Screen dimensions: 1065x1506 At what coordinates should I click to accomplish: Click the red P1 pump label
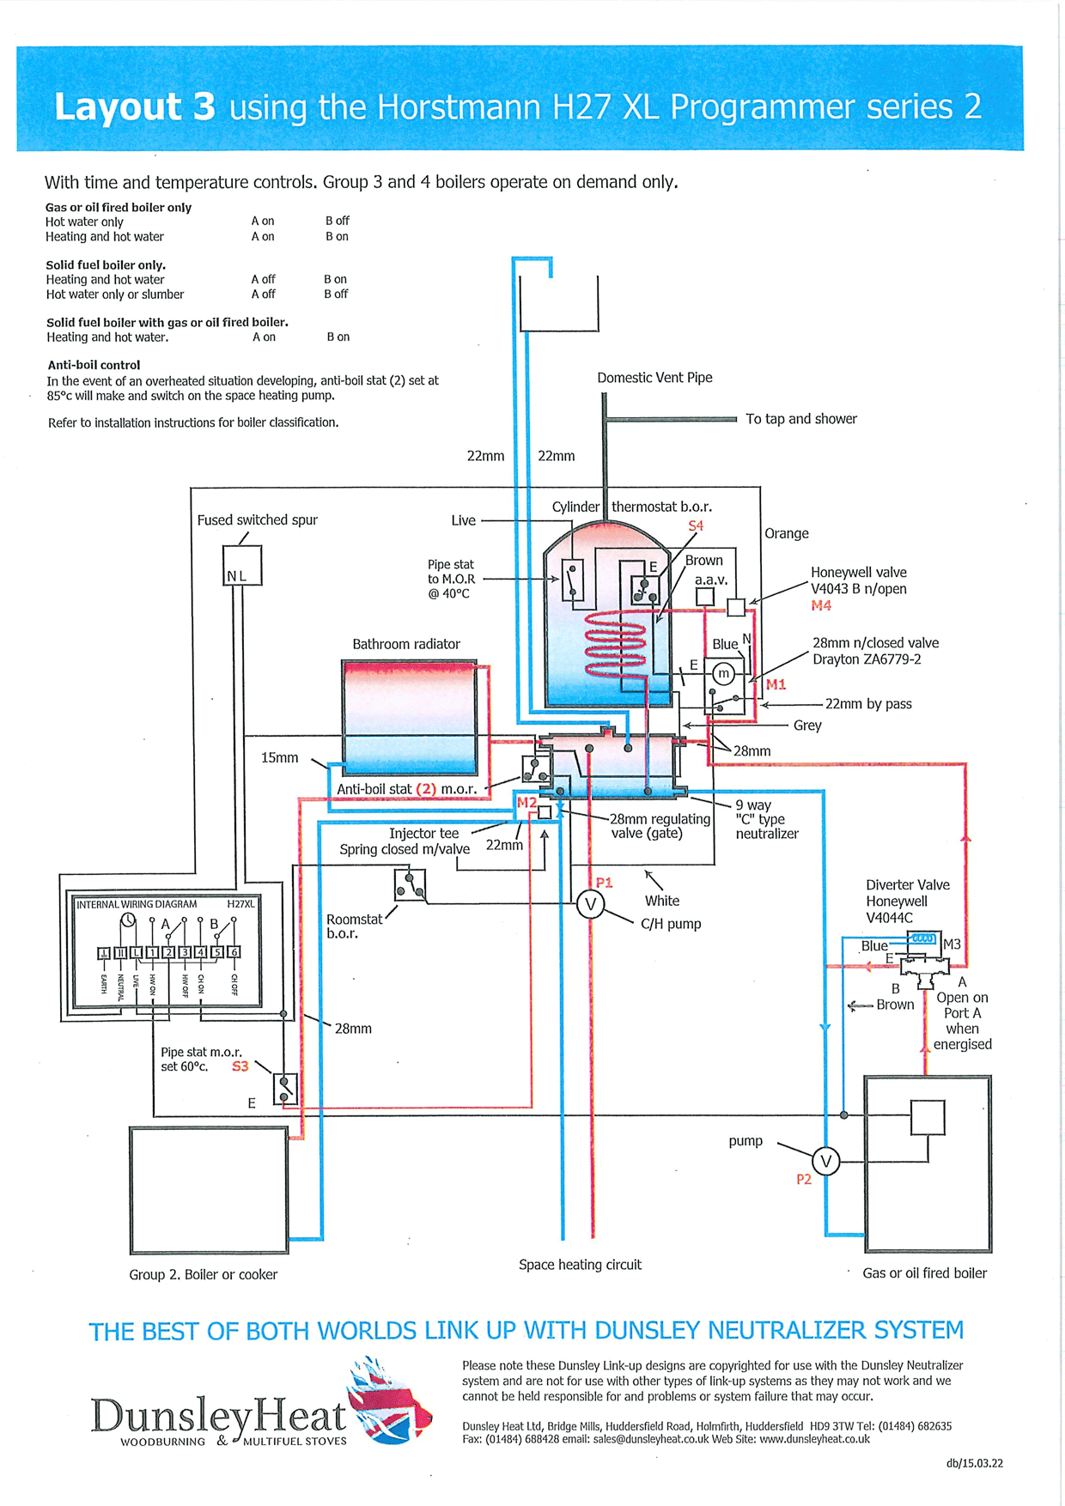605,882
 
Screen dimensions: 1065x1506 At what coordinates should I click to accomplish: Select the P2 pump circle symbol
825,1162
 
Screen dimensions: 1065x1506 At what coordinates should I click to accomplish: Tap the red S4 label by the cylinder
696,525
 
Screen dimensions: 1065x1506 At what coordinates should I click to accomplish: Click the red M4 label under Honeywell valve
821,605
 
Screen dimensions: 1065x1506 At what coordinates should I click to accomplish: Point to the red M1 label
776,684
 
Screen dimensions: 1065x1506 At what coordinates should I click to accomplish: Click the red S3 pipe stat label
240,1066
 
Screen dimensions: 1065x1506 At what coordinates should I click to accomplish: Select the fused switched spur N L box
242,566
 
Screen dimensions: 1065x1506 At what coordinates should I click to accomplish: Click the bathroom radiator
410,718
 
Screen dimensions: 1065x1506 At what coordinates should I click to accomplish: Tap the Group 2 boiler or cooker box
209,1190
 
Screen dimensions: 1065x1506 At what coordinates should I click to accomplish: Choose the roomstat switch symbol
410,884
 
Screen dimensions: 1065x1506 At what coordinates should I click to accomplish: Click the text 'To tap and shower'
801,419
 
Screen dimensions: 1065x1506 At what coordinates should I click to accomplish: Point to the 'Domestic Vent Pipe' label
654,378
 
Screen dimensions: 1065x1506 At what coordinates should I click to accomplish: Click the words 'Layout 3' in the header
135,107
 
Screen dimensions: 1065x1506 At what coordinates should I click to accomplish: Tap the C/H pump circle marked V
590,904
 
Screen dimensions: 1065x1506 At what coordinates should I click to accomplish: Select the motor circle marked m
724,674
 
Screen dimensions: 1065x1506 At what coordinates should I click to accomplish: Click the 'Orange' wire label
787,534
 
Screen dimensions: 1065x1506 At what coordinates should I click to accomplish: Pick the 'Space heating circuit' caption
580,1265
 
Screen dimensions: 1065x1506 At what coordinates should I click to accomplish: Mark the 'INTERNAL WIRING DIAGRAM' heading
137,904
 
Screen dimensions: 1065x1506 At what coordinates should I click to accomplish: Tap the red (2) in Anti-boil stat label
426,789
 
